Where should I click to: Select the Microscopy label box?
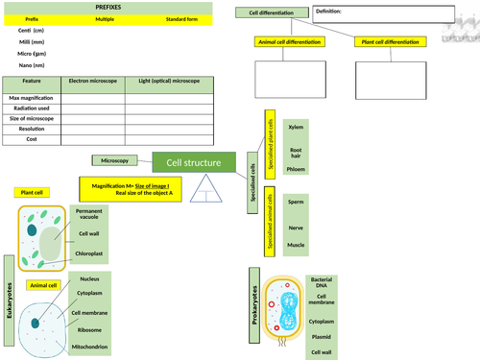coord(117,159)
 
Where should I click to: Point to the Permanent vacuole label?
coord(89,214)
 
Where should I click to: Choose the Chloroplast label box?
coord(89,254)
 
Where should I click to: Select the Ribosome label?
coord(89,329)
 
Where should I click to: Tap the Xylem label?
coord(296,127)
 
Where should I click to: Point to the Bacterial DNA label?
coord(322,283)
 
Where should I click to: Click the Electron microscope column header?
coord(95,83)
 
